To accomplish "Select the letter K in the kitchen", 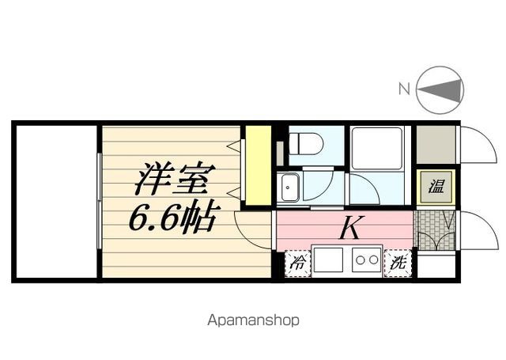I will coord(350,228).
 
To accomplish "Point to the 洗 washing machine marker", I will coord(397,262).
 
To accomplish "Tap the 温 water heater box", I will coord(436,188).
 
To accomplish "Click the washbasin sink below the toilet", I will coord(289,188).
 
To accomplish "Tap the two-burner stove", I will coord(367,259).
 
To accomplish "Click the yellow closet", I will coord(258,165).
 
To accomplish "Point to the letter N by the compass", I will coord(403,89).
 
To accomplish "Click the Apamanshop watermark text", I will coord(253,320).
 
